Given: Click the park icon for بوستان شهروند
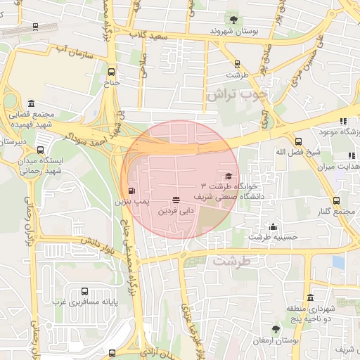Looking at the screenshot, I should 233,20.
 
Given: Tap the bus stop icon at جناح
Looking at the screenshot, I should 111,72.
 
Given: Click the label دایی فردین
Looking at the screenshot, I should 175,210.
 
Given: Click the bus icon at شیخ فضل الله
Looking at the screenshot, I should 298,141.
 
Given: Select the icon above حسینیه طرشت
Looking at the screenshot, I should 273,226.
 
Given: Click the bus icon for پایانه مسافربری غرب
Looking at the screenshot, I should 85,291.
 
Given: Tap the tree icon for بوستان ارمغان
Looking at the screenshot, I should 276,329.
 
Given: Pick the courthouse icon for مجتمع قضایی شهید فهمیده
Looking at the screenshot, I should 31,103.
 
